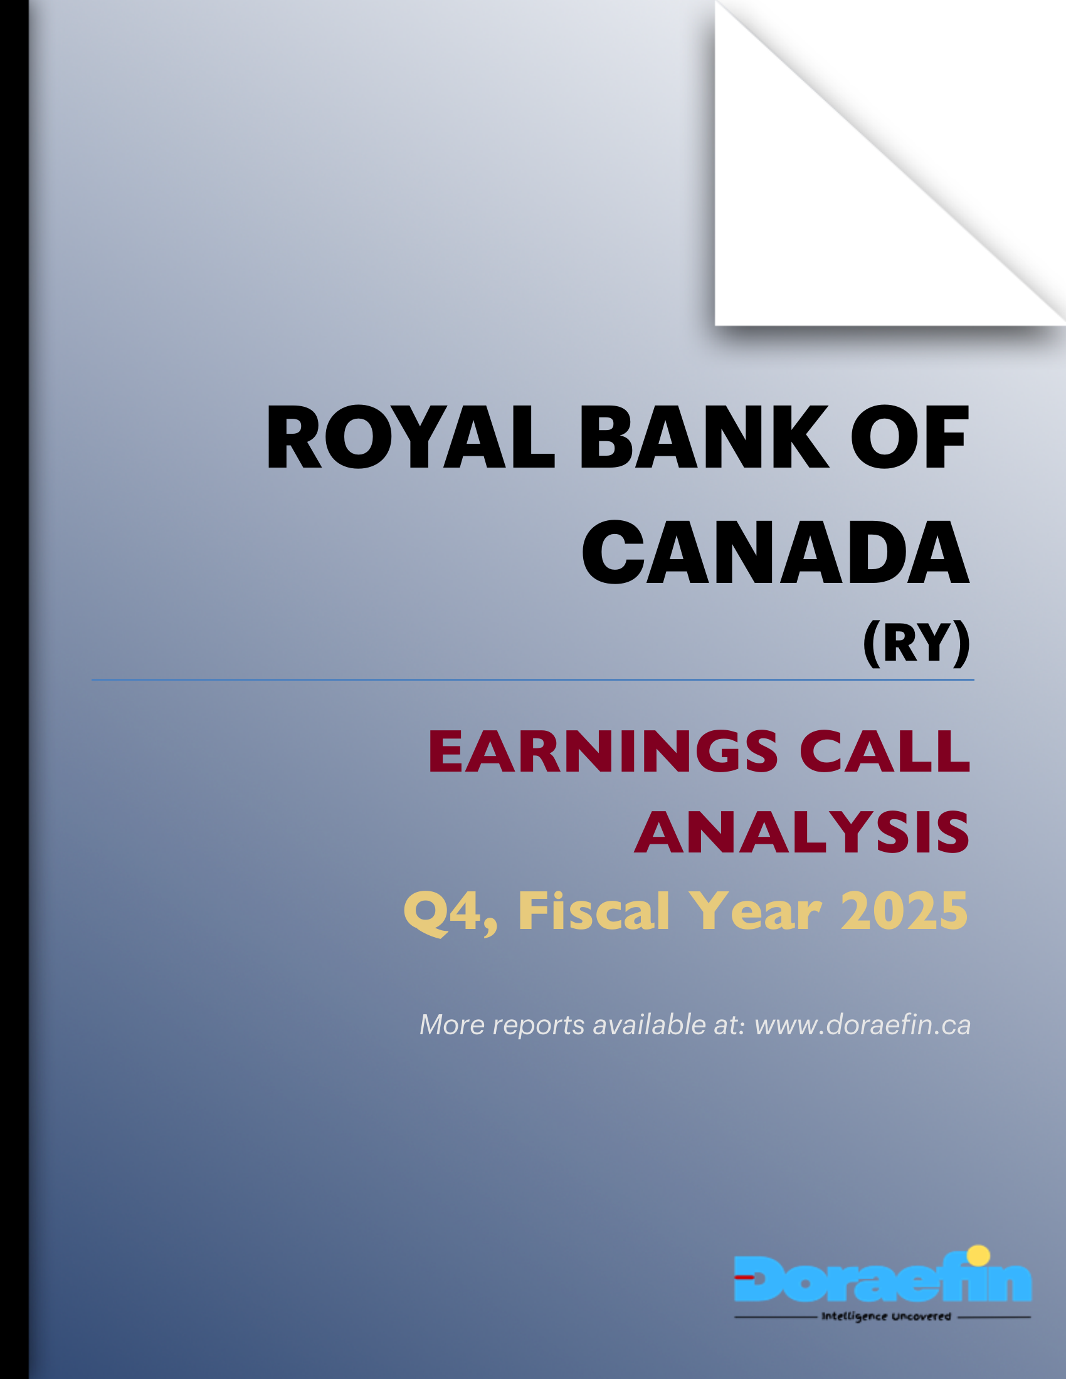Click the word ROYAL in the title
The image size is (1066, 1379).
tap(410, 438)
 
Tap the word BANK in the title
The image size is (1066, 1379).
tap(704, 438)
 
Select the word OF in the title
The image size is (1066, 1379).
tap(909, 438)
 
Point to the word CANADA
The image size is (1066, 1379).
tap(775, 553)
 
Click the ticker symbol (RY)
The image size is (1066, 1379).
tap(916, 642)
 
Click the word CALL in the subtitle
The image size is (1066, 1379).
tap(884, 752)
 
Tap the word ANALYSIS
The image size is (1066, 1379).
tap(801, 833)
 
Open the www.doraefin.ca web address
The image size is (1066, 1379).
tap(862, 1025)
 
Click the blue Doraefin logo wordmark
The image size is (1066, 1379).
tap(882, 1279)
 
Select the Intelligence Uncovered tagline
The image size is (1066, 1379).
tap(885, 1317)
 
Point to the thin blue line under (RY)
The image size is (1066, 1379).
tap(532, 680)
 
